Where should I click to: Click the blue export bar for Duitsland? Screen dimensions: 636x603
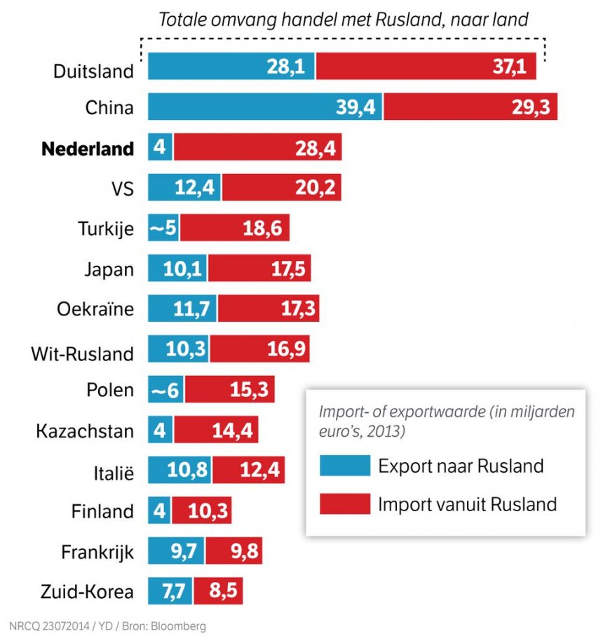[x=231, y=67]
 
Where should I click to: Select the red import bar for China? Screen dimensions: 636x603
[x=470, y=107]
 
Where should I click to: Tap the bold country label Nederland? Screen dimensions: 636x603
[x=88, y=149]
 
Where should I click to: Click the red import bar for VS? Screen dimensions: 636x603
[x=281, y=188]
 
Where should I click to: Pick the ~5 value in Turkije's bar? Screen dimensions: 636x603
[x=163, y=229]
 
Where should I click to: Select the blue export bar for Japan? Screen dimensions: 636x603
[x=177, y=269]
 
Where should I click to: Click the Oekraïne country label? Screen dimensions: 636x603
[x=95, y=309]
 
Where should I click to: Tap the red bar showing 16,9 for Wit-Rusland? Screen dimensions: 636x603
[x=259, y=349]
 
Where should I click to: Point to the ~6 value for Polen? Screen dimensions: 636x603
[x=165, y=388]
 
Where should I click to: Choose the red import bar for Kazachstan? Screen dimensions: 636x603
[x=216, y=429]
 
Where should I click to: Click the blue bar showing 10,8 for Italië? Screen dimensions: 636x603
[x=179, y=469]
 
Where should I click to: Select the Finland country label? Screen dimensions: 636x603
[x=102, y=511]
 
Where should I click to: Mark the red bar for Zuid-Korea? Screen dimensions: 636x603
[x=217, y=591]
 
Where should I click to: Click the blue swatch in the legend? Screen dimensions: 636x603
[x=344, y=466]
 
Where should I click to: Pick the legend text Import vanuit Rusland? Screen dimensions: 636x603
[x=467, y=503]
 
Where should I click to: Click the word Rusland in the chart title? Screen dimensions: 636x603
[x=419, y=19]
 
